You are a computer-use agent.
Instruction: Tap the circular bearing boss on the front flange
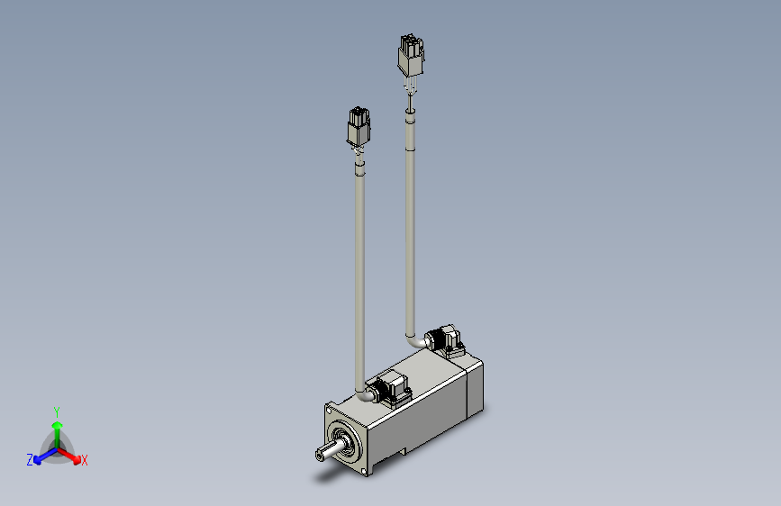[343, 440]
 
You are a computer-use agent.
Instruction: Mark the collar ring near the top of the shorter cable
[359, 164]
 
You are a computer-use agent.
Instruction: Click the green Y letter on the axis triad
[57, 409]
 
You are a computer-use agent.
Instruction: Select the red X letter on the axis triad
[85, 461]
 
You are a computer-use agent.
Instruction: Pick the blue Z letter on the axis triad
[30, 460]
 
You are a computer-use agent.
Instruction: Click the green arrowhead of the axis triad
[57, 423]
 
